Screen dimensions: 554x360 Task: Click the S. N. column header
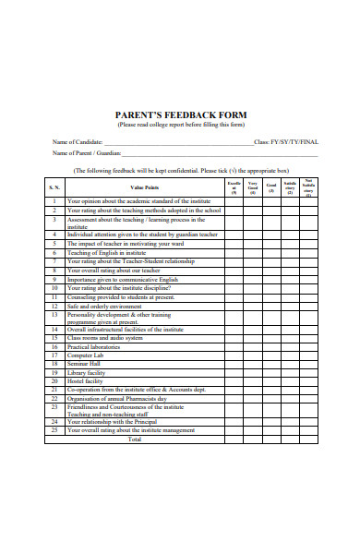point(54,187)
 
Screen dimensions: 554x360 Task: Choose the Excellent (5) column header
point(234,188)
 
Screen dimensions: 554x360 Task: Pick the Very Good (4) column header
point(252,188)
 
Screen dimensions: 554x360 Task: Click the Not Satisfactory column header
point(308,187)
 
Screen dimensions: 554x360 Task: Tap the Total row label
point(135,440)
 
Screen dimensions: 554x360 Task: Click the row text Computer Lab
point(86,355)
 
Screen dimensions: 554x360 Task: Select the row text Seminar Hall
point(84,364)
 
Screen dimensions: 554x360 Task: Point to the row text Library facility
point(87,372)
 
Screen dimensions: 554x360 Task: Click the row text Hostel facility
point(85,380)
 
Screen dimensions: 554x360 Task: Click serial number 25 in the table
point(54,430)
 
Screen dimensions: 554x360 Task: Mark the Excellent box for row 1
point(234,200)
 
